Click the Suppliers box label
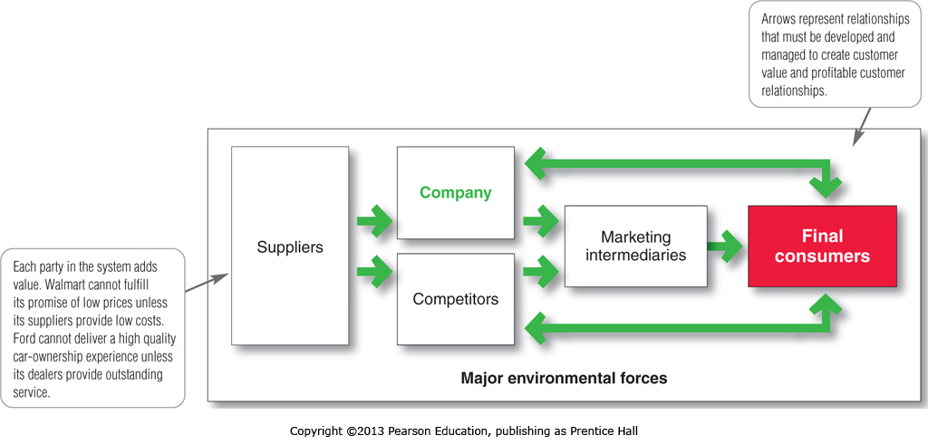(x=290, y=247)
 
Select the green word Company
(x=455, y=192)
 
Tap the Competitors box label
(x=455, y=298)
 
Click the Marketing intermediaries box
(x=635, y=247)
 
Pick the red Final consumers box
(x=822, y=247)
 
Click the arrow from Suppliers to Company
(x=373, y=220)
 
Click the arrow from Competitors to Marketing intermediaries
(x=542, y=269)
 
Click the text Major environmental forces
(x=564, y=378)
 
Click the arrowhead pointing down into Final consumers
(x=826, y=185)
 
